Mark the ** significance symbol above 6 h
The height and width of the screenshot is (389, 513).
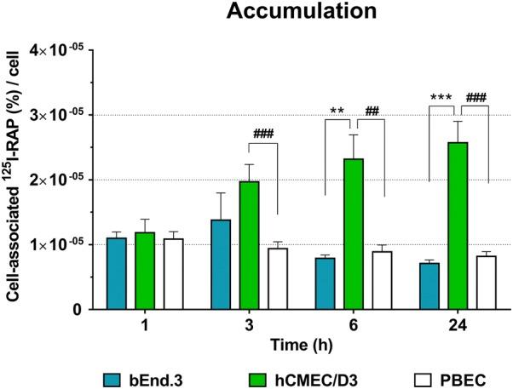point(337,111)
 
